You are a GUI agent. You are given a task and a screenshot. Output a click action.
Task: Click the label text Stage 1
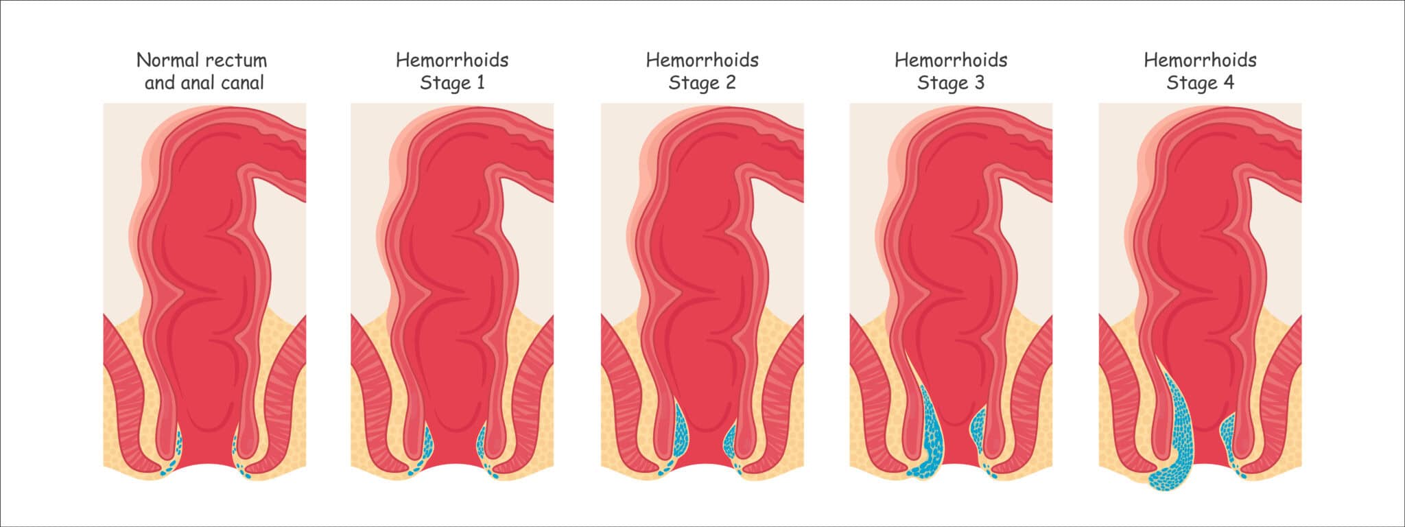(x=452, y=83)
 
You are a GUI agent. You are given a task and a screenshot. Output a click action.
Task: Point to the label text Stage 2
(x=702, y=83)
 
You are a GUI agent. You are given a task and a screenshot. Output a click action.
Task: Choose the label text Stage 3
(x=951, y=83)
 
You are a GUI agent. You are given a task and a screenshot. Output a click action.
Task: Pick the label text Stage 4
(x=1200, y=83)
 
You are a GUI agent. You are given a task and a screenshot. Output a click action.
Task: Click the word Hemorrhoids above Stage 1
(x=452, y=60)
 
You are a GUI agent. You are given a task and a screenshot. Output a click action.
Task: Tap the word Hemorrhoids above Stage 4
(x=1200, y=60)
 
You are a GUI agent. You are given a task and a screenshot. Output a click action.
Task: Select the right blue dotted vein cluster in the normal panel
(x=241, y=453)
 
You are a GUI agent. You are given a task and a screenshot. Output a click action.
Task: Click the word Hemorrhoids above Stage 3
(x=951, y=60)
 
